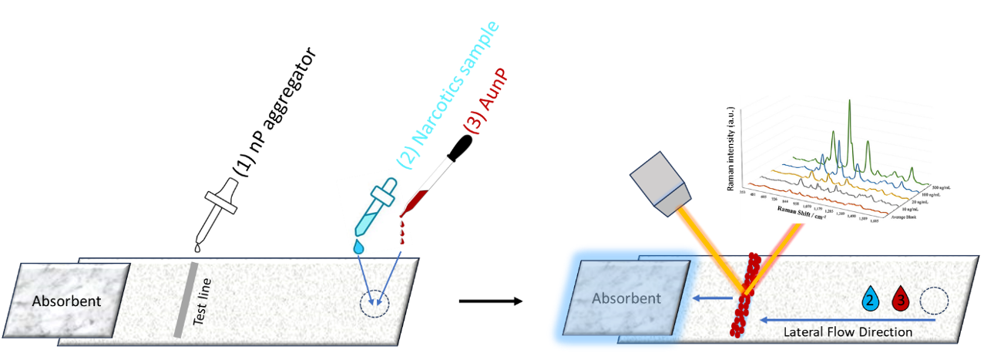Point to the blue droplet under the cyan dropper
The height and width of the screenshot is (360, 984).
tap(358, 246)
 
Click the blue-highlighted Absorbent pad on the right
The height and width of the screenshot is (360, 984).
tap(625, 298)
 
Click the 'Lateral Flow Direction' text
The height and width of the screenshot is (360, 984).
tap(848, 332)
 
